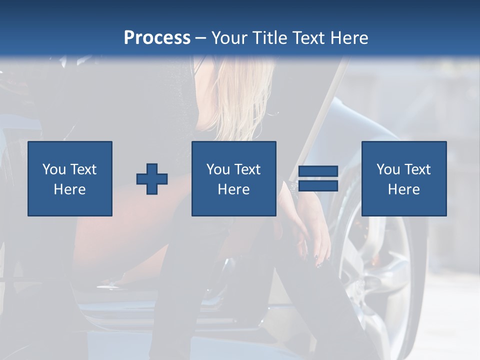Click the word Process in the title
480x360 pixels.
(x=157, y=38)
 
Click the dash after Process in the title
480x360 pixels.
(x=201, y=38)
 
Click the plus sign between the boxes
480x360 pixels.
(x=152, y=178)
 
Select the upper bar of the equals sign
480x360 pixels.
(x=318, y=171)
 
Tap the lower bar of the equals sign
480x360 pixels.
(x=318, y=186)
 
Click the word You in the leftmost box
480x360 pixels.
(x=54, y=169)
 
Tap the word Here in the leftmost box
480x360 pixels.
(x=70, y=189)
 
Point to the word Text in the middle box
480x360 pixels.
(x=247, y=169)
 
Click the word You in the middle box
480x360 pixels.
(x=218, y=169)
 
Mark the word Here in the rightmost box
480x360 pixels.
(x=404, y=189)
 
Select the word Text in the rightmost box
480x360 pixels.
(x=417, y=169)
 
